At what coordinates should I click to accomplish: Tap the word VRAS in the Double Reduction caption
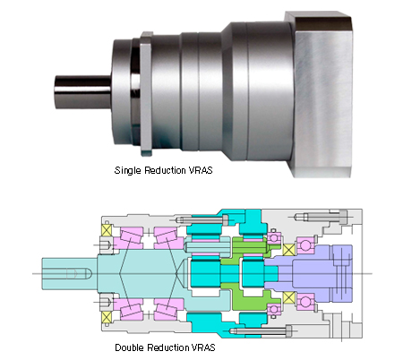click(203, 347)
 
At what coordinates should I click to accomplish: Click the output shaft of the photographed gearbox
click(83, 92)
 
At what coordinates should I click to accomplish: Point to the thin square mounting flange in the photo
click(146, 94)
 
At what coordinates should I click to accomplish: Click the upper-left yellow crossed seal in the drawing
click(106, 230)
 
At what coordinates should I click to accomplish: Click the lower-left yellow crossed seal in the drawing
click(106, 317)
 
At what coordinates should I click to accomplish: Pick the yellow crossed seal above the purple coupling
click(288, 250)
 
